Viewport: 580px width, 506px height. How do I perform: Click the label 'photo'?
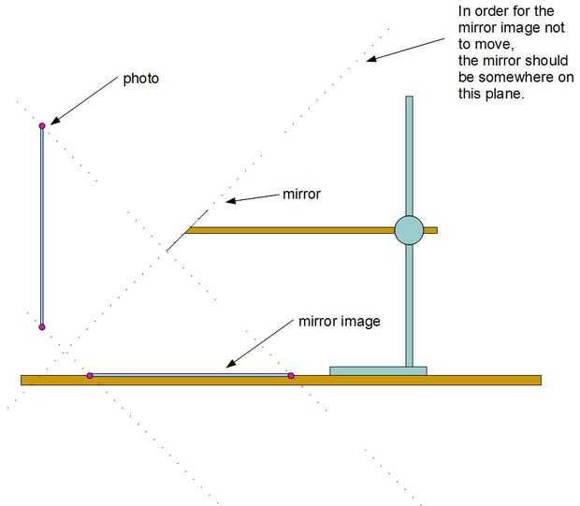[x=141, y=80]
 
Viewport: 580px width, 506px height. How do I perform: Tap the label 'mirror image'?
[x=339, y=321]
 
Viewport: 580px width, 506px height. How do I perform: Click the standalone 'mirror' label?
[x=301, y=195]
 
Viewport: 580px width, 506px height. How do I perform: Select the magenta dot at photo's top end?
[x=42, y=125]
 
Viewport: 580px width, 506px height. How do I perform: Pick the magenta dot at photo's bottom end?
[x=42, y=326]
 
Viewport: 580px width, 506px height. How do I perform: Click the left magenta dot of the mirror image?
[x=90, y=375]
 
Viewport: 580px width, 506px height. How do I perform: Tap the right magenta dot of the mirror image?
[x=291, y=375]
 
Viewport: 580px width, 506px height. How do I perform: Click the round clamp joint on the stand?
[x=409, y=229]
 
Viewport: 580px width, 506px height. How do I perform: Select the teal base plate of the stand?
[x=378, y=370]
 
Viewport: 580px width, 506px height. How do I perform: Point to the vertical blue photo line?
[x=42, y=224]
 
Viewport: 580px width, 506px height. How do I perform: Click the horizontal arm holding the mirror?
[x=290, y=229]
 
